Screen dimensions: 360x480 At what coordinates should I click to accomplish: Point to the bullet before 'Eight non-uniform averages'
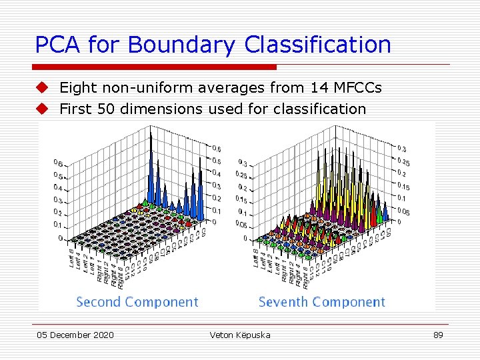43,87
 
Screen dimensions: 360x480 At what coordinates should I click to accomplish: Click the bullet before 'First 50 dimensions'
43,109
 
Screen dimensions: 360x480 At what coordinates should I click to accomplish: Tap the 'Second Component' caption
137,302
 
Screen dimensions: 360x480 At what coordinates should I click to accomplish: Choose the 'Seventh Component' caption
321,302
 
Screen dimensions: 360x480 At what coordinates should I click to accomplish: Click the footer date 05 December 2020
75,335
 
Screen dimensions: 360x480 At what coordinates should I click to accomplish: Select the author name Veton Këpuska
240,335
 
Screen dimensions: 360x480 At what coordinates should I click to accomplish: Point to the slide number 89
437,335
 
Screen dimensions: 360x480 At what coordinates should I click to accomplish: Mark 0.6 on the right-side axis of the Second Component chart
217,149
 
